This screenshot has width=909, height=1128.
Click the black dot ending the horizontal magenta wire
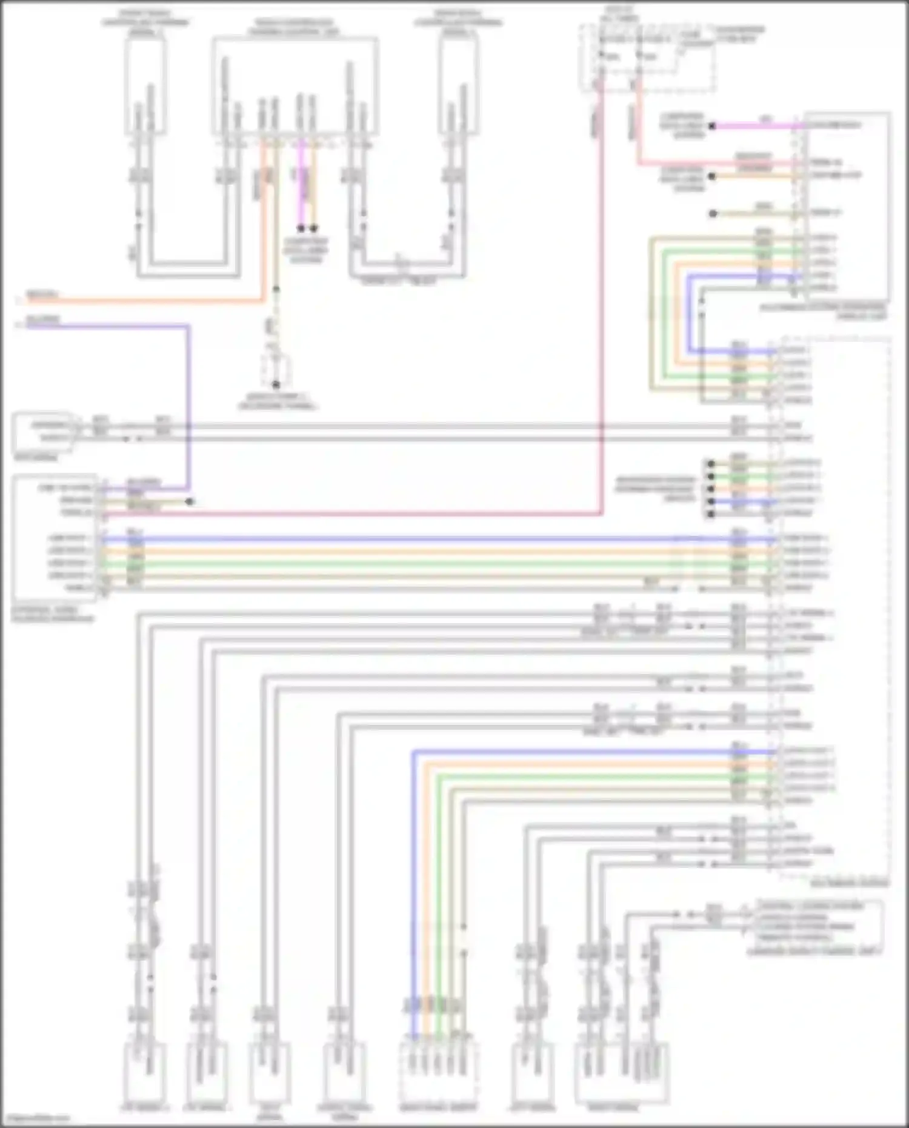[x=713, y=126]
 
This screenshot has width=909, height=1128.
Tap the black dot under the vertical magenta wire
[x=301, y=229]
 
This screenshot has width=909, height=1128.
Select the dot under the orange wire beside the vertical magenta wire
[x=314, y=229]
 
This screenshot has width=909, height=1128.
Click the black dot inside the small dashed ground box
[x=276, y=384]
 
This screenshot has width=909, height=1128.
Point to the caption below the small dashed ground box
[x=277, y=402]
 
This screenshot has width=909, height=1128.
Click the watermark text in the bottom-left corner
[x=35, y=1118]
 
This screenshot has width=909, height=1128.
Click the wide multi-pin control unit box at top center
[x=295, y=86]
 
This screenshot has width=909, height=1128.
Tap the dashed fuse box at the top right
[x=647, y=58]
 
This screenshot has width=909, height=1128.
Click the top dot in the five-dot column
[x=711, y=464]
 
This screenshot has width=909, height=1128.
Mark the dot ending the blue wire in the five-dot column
[x=711, y=501]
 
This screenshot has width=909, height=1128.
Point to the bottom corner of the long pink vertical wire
[x=601, y=514]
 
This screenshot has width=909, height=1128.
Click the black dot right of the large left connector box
[x=190, y=502]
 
